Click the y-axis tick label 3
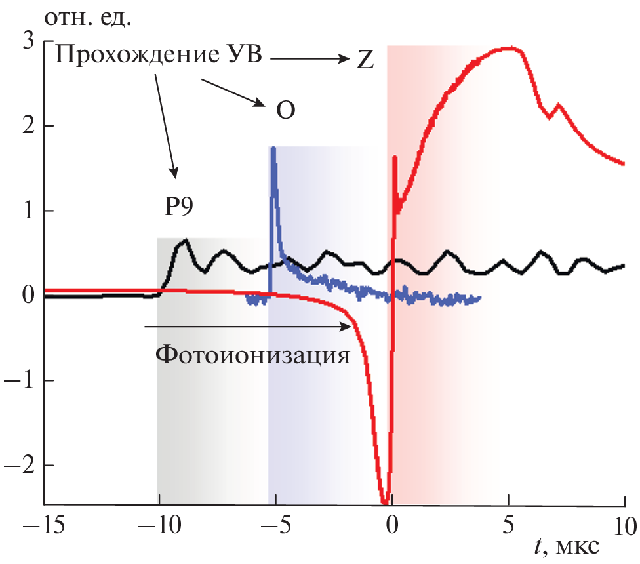(x=28, y=41)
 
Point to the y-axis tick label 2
(x=28, y=126)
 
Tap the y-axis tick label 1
(x=28, y=211)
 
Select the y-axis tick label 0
(x=28, y=296)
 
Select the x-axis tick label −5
(x=270, y=525)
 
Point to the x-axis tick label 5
(x=508, y=525)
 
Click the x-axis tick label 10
(x=624, y=525)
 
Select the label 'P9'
(x=179, y=208)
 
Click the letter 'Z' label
(x=365, y=60)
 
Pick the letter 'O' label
(x=285, y=111)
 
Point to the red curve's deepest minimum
(x=385, y=502)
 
